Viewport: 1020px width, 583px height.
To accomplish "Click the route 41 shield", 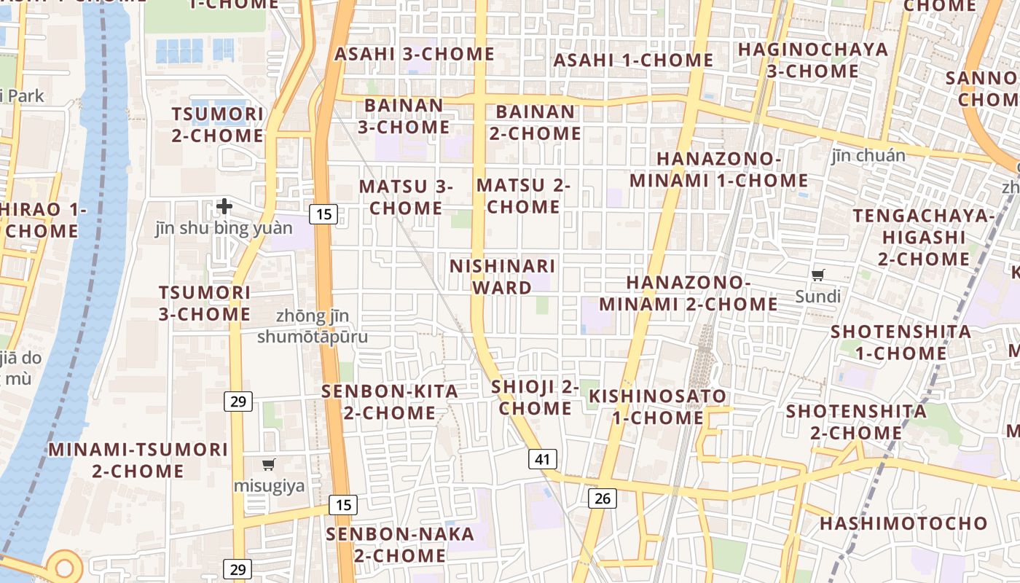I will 542,459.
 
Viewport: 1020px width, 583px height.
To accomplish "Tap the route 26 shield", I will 602,498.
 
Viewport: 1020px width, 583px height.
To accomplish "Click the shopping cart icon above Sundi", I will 818,275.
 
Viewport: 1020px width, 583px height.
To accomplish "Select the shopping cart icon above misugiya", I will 269,464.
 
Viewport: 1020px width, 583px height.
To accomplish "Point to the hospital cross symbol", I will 224,206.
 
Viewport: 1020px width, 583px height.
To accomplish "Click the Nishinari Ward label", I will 503,276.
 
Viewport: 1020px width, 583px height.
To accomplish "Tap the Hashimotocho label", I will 903,523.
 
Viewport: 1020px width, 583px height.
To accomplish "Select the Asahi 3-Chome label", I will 415,54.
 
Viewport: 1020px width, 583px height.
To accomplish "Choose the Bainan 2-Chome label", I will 535,122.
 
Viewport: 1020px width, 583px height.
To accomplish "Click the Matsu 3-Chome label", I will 406,197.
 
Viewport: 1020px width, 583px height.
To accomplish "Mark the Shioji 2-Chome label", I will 535,397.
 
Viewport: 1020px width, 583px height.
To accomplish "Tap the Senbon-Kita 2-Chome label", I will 390,402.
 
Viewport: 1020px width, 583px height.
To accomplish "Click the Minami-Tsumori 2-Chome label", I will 138,460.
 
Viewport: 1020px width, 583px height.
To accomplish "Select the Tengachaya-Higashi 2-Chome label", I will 924,237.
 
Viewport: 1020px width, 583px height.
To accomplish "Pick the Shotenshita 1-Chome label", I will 901,342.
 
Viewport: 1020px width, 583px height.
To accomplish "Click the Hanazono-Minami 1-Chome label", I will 719,169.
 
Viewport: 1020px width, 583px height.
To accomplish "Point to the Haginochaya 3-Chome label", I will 813,60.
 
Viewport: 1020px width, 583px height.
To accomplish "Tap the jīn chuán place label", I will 868,155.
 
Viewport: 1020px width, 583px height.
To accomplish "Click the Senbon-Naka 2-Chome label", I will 400,544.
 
